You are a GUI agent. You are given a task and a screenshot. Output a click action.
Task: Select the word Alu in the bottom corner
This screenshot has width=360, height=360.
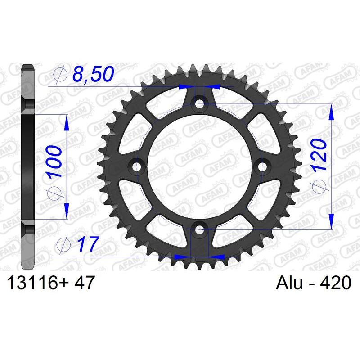click(288, 283)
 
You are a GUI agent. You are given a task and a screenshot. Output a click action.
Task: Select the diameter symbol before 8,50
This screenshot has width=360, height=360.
click(60, 75)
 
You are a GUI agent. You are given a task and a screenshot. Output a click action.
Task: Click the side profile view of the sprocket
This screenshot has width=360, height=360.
click(28, 167)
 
